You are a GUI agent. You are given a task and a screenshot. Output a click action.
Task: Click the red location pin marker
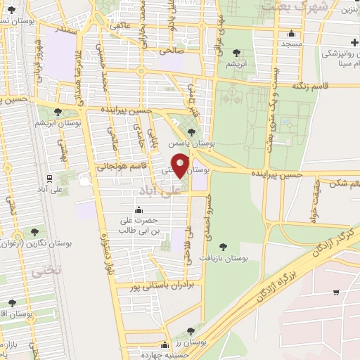[x=180, y=165]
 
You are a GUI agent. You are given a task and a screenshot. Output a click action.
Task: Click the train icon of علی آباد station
[x=49, y=179]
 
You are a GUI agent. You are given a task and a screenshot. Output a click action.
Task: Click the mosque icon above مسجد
[x=291, y=33]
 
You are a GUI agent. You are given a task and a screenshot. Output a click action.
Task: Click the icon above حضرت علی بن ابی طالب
[x=139, y=210]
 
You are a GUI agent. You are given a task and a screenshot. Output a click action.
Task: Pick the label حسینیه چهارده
[x=166, y=355]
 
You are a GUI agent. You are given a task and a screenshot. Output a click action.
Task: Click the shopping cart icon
[x=337, y=292]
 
